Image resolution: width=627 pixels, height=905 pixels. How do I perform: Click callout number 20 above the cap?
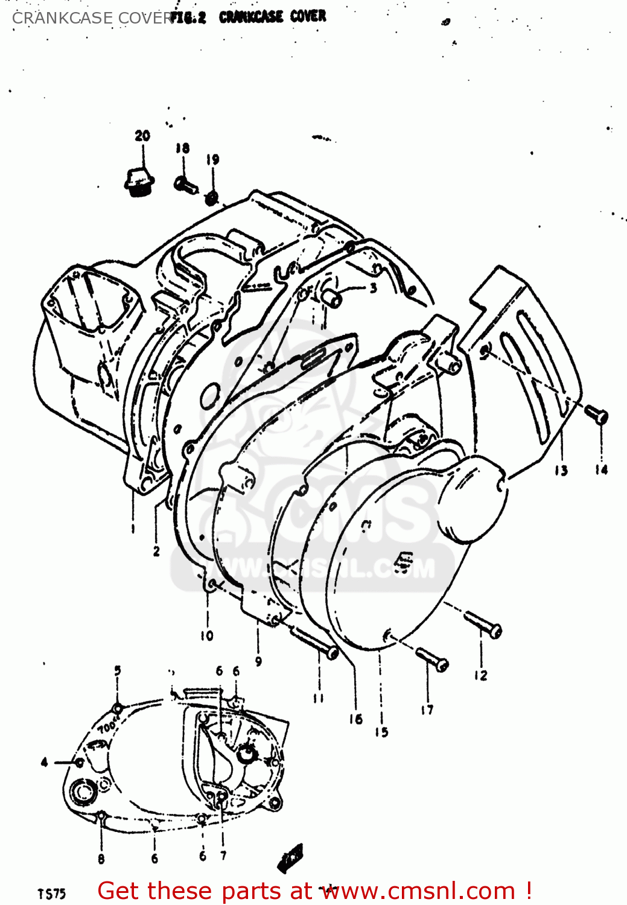tap(142, 136)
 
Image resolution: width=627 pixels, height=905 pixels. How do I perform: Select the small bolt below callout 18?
tap(185, 184)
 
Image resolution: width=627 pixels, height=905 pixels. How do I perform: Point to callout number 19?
tap(212, 160)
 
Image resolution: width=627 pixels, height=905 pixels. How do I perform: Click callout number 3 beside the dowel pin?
tap(374, 288)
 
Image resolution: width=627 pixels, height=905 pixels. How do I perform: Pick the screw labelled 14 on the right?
tap(596, 414)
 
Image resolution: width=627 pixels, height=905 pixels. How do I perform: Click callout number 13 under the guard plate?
tap(561, 470)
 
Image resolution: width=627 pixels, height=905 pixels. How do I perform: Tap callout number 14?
tap(602, 469)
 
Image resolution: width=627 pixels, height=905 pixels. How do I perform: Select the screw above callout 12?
tap(483, 624)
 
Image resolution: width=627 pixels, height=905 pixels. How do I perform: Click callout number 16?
tap(355, 719)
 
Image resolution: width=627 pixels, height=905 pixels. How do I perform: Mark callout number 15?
tap(381, 732)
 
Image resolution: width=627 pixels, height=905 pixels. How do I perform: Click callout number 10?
tap(207, 635)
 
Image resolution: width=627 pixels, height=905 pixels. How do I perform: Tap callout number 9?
tap(258, 661)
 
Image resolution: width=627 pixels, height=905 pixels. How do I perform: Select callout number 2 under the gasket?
tap(156, 550)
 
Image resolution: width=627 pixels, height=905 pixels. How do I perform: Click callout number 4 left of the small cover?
tap(44, 763)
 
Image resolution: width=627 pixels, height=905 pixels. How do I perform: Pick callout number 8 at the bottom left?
tap(101, 859)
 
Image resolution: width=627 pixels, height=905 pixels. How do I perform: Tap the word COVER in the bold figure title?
tap(308, 16)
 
